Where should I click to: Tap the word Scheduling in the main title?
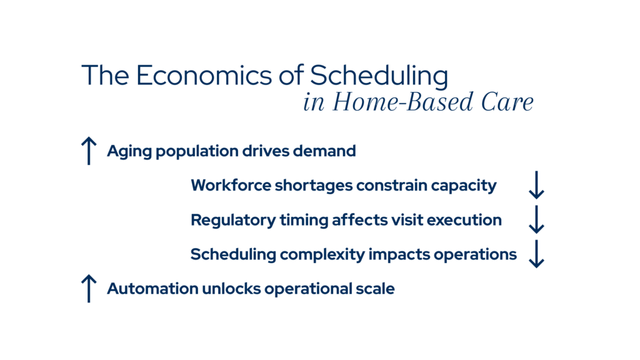tap(379, 76)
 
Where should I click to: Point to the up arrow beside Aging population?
tap(89, 151)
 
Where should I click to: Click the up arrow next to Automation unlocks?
tap(89, 289)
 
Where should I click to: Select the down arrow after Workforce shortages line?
tap(536, 186)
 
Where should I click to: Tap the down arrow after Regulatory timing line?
tap(536, 220)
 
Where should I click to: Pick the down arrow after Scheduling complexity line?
tap(536, 254)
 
